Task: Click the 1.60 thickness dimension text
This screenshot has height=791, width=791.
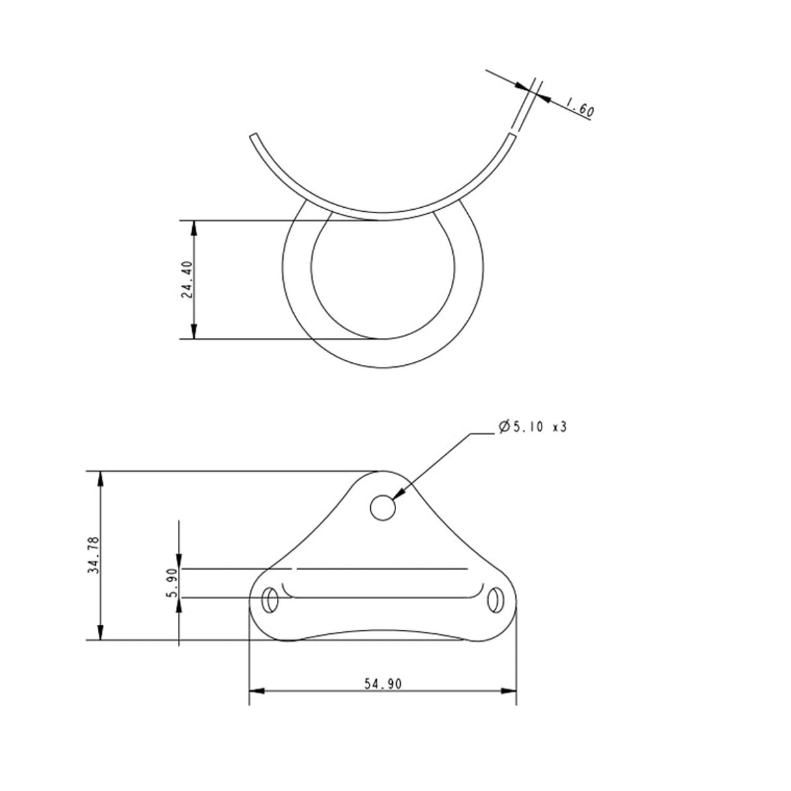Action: (579, 108)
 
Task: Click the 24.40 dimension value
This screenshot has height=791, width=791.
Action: (187, 280)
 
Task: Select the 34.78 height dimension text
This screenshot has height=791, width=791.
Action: (93, 555)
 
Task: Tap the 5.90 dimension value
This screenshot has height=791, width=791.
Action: (172, 583)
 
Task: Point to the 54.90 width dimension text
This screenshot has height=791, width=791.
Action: (382, 683)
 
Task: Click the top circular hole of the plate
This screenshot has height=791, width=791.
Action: (382, 507)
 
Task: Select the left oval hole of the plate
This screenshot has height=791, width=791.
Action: (269, 599)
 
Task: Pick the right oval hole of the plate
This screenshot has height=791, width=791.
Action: (496, 599)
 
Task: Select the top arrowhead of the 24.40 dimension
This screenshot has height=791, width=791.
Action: (194, 227)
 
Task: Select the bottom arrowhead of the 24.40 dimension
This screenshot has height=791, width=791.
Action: (194, 332)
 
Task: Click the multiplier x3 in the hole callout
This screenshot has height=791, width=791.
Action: (558, 427)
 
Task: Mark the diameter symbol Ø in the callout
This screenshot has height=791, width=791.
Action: (503, 427)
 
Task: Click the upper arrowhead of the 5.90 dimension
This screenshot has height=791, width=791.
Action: (179, 562)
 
